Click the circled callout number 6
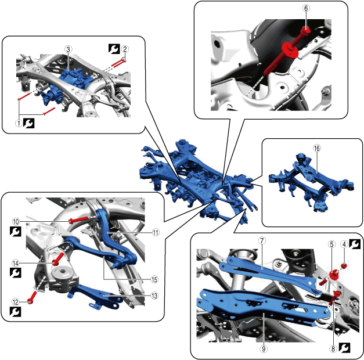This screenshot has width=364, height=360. (x=306, y=8)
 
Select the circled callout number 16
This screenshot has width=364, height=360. (x=317, y=148)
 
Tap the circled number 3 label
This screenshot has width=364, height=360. (x=68, y=49)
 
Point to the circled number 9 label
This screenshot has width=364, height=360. (x=264, y=348)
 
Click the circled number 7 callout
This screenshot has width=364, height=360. (x=262, y=240)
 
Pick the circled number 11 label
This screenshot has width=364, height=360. (x=156, y=232)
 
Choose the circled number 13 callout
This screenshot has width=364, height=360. (x=154, y=296)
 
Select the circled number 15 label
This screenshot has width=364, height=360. (x=154, y=279)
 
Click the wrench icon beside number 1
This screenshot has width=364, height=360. (x=29, y=123)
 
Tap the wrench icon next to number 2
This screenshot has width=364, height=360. (x=114, y=49)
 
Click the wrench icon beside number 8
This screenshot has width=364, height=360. (x=344, y=348)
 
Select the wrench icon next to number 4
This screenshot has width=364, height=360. (x=355, y=244)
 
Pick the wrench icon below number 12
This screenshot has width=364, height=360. (x=15, y=312)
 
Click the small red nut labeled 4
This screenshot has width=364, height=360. (x=344, y=266)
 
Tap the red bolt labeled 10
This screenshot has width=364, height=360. (x=79, y=219)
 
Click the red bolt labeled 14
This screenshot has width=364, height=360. (x=58, y=259)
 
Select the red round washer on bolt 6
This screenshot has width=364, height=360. (x=290, y=50)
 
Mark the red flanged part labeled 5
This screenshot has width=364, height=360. (x=334, y=275)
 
